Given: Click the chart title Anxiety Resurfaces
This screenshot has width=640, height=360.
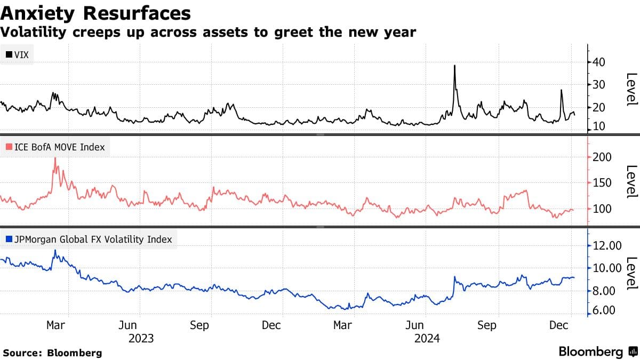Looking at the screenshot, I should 96,12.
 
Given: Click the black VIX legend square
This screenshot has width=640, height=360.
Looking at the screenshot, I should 9,54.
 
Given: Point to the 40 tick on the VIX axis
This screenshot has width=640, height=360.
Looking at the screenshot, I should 598,62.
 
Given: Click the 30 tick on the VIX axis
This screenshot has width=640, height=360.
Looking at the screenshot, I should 598,85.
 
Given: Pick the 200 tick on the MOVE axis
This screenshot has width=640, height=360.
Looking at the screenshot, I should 601,157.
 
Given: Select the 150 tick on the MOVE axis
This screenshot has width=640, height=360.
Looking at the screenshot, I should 601,183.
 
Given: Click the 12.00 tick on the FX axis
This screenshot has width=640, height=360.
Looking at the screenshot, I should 607,246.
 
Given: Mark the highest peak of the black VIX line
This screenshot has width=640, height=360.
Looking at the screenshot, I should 454,66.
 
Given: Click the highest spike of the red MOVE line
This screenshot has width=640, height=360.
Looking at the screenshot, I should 55,158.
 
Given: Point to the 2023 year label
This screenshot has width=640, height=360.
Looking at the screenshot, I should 141,338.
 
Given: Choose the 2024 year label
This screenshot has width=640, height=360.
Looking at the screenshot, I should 427,338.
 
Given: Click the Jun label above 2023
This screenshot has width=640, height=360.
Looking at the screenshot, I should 127,325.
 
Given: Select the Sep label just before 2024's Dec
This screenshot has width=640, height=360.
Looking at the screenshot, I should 487,325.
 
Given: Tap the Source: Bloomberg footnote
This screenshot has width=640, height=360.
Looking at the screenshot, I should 52,353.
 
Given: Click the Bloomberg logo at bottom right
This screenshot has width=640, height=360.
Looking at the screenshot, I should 598,352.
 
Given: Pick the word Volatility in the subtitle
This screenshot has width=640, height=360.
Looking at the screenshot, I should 33,33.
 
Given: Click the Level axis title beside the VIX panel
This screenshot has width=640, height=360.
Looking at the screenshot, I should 631,89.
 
